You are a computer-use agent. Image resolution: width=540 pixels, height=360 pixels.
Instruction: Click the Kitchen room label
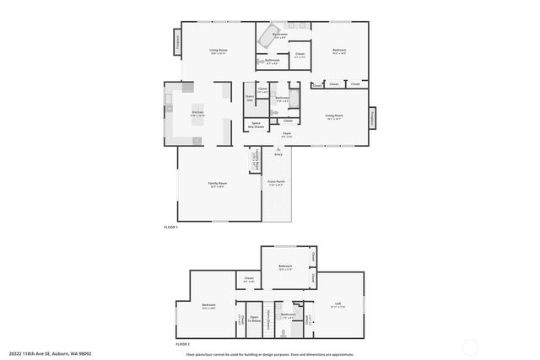pos(197,112)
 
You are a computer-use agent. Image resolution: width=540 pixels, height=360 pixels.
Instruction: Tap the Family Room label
pos(217,184)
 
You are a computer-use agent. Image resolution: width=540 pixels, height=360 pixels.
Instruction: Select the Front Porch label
pos(276,182)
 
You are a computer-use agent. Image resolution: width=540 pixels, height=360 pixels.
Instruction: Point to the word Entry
pos(278,154)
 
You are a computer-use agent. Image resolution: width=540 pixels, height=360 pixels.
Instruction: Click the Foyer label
pos(287,134)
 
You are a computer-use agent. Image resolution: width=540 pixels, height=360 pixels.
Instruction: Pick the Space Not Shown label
pos(257,126)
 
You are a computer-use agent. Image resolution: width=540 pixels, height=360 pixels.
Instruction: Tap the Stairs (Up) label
pos(250,98)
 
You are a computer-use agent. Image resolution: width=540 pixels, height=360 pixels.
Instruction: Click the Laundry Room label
pos(252,159)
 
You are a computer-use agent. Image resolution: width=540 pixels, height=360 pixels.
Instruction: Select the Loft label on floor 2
pos(337,304)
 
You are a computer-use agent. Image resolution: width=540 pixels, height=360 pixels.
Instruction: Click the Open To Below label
pos(253,320)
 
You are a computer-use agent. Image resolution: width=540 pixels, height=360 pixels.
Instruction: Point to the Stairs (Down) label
pos(268,318)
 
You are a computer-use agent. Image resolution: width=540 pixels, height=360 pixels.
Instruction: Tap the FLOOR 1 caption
pos(170,227)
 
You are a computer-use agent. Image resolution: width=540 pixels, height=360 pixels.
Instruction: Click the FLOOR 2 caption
pos(182,345)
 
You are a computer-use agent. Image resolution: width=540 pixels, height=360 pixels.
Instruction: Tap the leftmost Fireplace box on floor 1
pos(178,41)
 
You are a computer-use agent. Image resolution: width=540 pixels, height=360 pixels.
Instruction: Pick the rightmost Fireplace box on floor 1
pos(373,117)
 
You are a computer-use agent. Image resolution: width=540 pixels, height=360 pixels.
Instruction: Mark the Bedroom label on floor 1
pos(339,51)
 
